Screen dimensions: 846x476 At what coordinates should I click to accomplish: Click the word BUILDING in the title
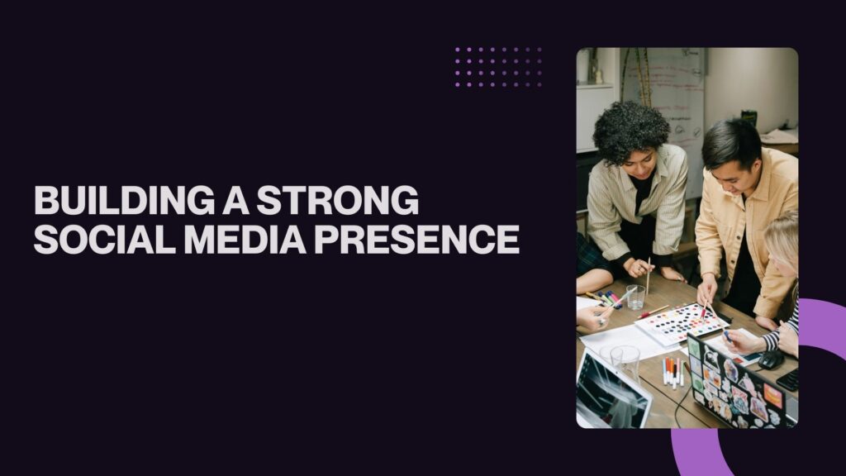point(124,200)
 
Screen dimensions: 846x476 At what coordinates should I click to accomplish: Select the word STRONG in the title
point(338,200)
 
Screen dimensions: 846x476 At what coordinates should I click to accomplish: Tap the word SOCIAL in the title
point(105,239)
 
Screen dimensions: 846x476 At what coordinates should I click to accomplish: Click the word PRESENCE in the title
point(417,239)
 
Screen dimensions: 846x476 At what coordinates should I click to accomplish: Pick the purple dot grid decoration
point(498,67)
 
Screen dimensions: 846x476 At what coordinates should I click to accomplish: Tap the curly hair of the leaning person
point(630,131)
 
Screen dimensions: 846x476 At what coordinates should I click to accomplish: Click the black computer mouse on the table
point(771,360)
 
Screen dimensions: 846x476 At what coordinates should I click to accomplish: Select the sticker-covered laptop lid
point(739,384)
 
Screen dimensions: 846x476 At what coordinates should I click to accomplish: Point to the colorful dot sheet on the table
point(682,324)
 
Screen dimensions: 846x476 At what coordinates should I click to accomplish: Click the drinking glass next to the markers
point(635,297)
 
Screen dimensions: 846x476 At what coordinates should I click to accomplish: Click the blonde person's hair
point(783,236)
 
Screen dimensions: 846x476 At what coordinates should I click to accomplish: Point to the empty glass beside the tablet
point(625,363)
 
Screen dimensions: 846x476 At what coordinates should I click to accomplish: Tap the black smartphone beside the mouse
point(788,379)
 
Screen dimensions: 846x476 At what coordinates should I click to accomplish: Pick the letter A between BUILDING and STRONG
point(235,200)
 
